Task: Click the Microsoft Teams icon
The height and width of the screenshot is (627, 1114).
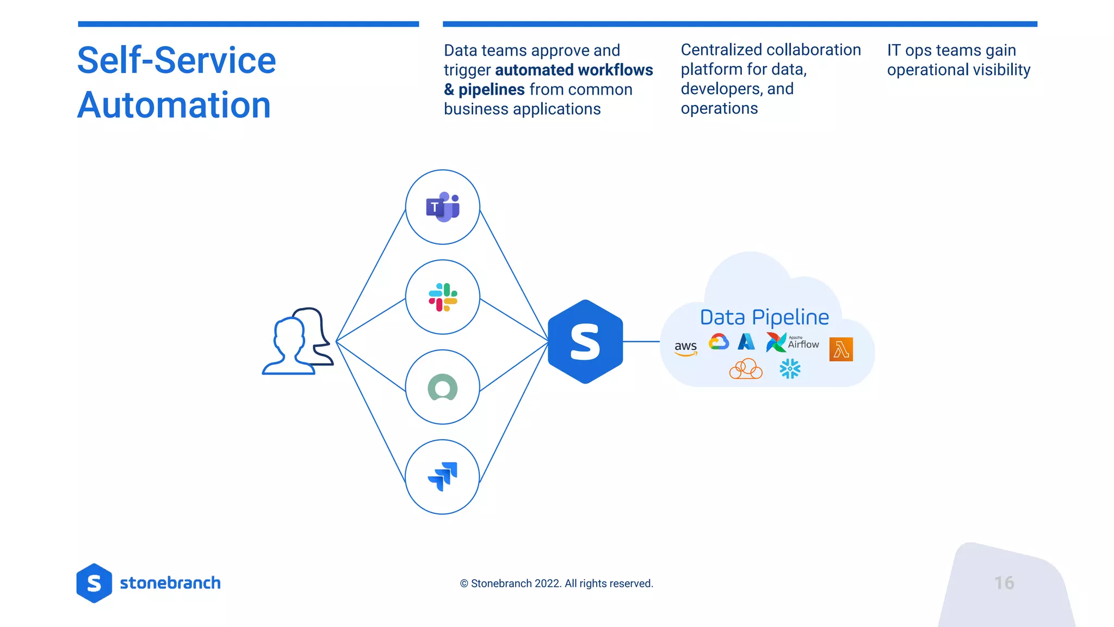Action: click(x=443, y=207)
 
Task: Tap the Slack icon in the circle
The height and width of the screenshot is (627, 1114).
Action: click(x=443, y=297)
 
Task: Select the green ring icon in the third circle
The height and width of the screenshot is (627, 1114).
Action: click(x=443, y=388)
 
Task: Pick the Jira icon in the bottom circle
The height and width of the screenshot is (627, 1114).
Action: click(x=443, y=477)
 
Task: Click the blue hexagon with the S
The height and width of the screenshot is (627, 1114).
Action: click(x=585, y=342)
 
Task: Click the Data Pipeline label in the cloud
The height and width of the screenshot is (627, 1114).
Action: click(x=764, y=317)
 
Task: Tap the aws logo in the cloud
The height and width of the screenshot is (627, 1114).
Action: click(x=685, y=348)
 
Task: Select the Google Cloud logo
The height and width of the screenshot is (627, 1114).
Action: click(x=719, y=342)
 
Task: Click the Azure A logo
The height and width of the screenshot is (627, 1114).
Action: click(x=746, y=342)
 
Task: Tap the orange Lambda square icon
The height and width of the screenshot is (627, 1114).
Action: click(x=841, y=349)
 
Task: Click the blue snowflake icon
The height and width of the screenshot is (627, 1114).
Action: click(x=790, y=369)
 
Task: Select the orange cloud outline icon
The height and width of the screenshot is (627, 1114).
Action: click(x=746, y=369)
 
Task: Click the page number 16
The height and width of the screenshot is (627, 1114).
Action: click(x=1004, y=583)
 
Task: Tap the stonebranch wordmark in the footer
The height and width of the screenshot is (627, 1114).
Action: click(x=170, y=583)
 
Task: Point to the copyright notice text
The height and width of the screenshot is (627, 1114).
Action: click(x=556, y=583)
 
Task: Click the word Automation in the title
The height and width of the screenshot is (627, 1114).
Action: click(x=174, y=105)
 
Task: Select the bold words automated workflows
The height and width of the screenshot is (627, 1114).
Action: click(x=574, y=70)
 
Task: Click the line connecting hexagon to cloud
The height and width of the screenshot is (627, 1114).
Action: click(x=642, y=342)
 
